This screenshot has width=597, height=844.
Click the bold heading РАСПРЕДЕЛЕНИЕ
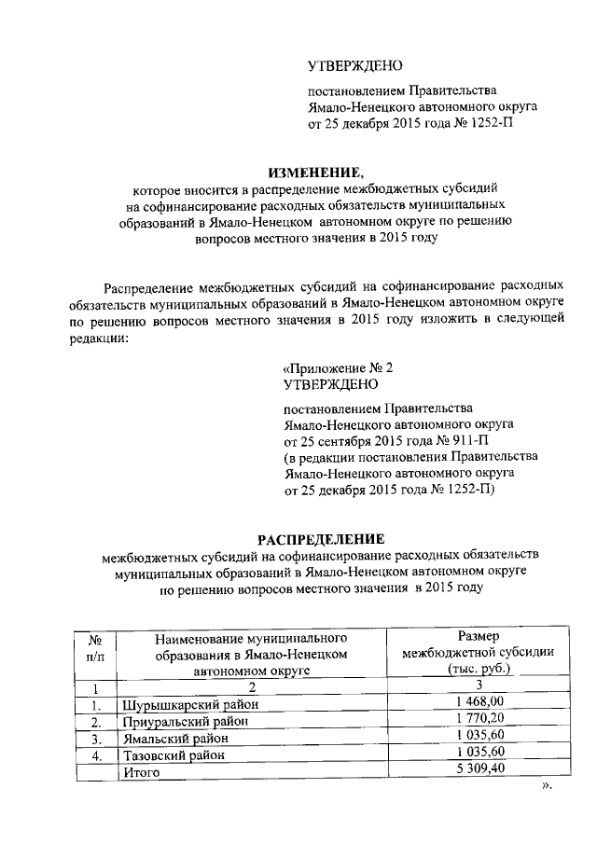click(x=321, y=539)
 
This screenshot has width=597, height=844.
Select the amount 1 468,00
click(x=479, y=703)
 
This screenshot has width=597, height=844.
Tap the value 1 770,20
click(x=479, y=720)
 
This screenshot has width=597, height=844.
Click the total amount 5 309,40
click(x=479, y=771)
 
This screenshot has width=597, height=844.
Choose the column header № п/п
click(x=94, y=649)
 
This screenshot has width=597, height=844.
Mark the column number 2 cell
click(x=251, y=687)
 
